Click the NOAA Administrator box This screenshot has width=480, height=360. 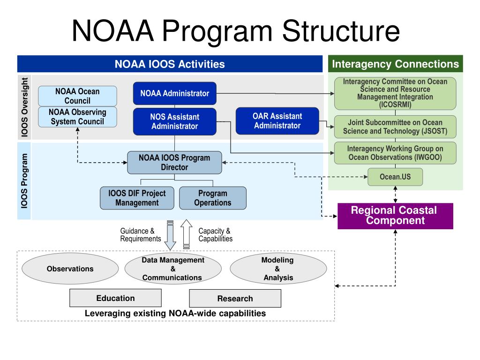point(174,93)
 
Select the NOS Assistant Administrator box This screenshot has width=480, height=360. point(174,121)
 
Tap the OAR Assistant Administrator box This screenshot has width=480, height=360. point(277,120)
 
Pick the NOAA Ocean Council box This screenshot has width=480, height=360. point(77,96)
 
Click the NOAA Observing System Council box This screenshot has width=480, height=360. point(77,117)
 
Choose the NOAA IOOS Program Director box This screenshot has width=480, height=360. point(174,162)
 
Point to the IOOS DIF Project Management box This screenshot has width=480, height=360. point(137,198)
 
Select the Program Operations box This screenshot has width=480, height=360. point(212,198)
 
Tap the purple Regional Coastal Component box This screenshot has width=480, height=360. point(395,216)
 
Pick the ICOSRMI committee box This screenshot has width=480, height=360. point(395,93)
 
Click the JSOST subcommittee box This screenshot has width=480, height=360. point(395,127)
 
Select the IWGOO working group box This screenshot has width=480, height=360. point(395,153)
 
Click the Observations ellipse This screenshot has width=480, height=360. point(70,269)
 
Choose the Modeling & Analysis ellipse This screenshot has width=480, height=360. point(277,269)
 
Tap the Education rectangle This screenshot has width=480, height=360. point(115,298)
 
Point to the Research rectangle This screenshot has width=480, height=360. point(235,299)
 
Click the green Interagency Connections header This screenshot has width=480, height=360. point(395,64)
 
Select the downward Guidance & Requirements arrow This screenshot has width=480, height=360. point(170,235)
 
